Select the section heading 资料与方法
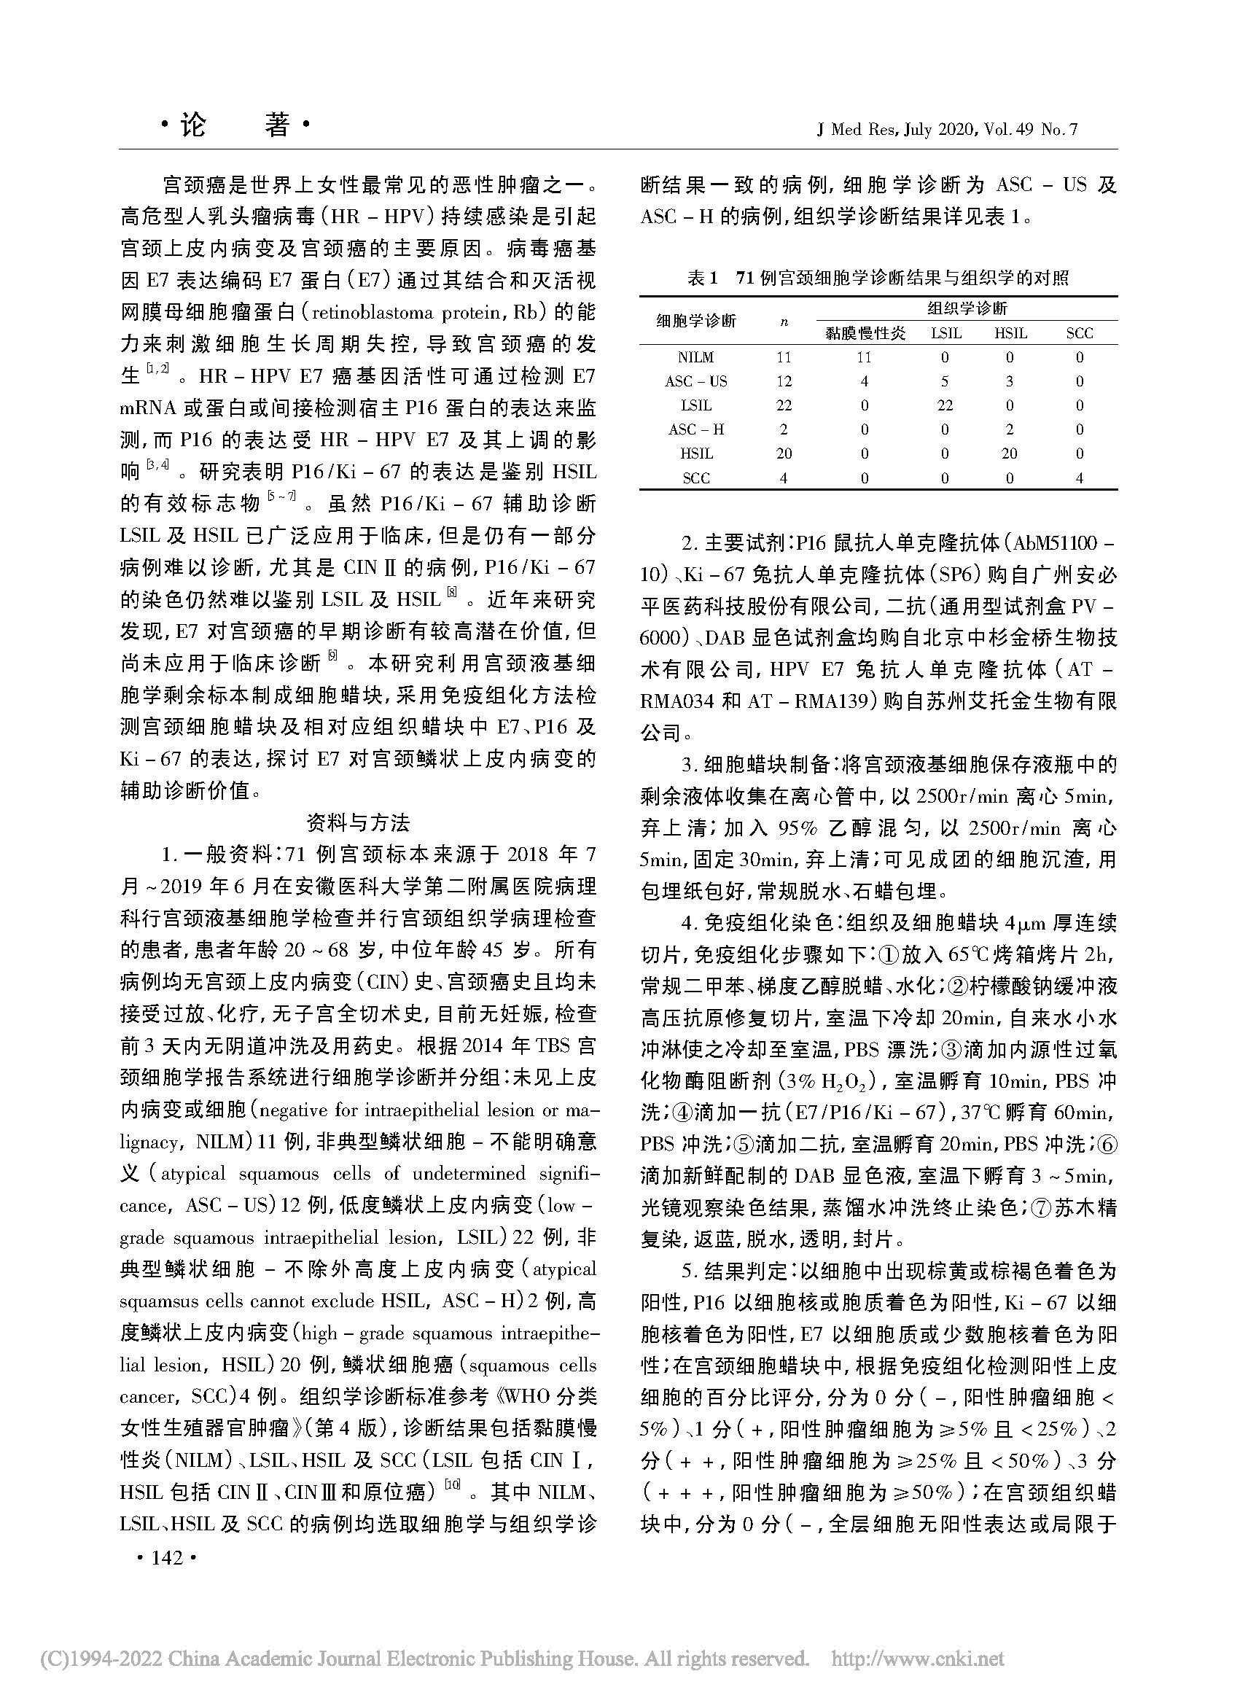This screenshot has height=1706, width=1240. [358, 824]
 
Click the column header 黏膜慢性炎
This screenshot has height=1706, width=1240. [865, 333]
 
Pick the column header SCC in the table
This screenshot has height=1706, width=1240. [1079, 333]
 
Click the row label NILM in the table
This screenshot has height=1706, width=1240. [695, 357]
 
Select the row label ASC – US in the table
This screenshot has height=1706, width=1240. [695, 381]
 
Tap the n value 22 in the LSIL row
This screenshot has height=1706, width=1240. [784, 405]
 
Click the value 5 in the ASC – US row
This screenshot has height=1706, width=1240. [945, 381]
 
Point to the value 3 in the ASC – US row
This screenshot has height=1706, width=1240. [1009, 381]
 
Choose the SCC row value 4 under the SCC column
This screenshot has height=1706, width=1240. [1079, 478]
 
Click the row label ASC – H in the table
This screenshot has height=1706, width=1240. [695, 429]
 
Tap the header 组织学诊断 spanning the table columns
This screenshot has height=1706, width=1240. [967, 309]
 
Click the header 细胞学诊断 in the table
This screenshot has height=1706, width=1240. [695, 322]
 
